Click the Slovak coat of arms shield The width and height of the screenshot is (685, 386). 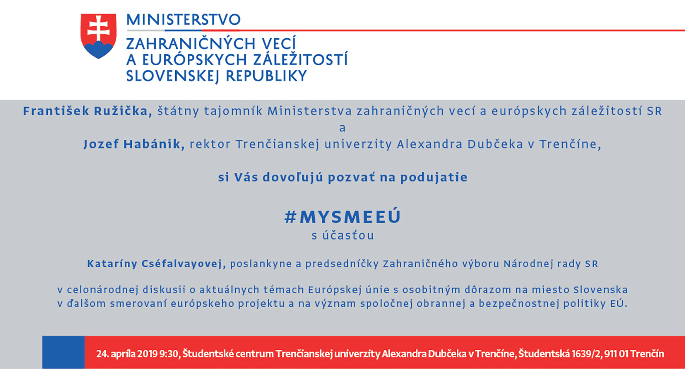[98, 36]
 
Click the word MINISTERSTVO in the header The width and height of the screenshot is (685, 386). [184, 20]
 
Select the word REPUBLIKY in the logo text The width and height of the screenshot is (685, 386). [266, 76]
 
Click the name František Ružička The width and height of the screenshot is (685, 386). [87, 111]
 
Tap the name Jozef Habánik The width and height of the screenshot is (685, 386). [134, 144]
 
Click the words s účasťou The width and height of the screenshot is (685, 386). [343, 235]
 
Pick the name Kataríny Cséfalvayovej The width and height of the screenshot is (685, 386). [156, 264]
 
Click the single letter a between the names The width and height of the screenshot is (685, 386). [343, 128]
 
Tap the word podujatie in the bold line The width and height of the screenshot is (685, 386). [434, 178]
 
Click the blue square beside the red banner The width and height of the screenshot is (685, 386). [63, 352]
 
